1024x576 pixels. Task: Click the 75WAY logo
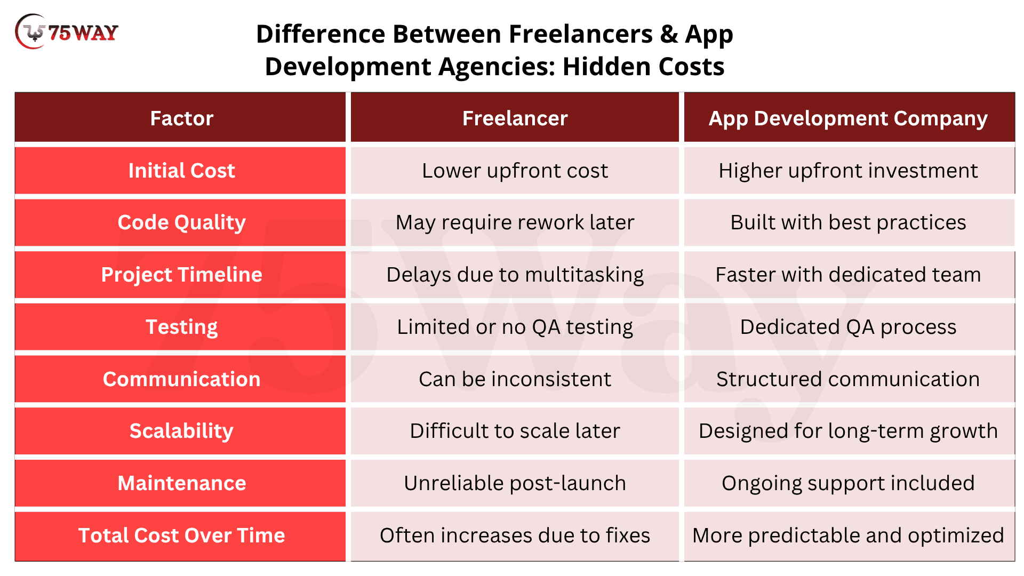click(x=67, y=32)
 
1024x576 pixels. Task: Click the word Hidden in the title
click(x=607, y=67)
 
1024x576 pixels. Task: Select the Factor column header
click(x=181, y=118)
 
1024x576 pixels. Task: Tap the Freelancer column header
click(x=515, y=118)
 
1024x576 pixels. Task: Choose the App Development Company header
click(x=849, y=118)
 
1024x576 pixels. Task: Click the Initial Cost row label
click(x=181, y=171)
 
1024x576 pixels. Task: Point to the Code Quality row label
click(x=181, y=222)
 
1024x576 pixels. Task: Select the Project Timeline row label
click(x=181, y=275)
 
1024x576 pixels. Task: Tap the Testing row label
click(x=181, y=327)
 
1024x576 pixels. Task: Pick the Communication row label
click(x=181, y=379)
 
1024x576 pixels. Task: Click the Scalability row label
click(x=181, y=431)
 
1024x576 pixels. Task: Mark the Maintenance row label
click(x=181, y=483)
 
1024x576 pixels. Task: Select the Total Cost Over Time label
click(x=181, y=535)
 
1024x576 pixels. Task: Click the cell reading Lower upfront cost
click(x=515, y=171)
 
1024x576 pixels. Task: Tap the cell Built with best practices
click(x=849, y=222)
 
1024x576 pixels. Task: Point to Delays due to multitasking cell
click(x=515, y=275)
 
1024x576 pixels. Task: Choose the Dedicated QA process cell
click(x=849, y=327)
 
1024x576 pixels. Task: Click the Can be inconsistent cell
click(x=515, y=379)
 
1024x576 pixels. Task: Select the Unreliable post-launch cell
click(x=515, y=483)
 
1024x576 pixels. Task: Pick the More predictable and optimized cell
click(x=849, y=535)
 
